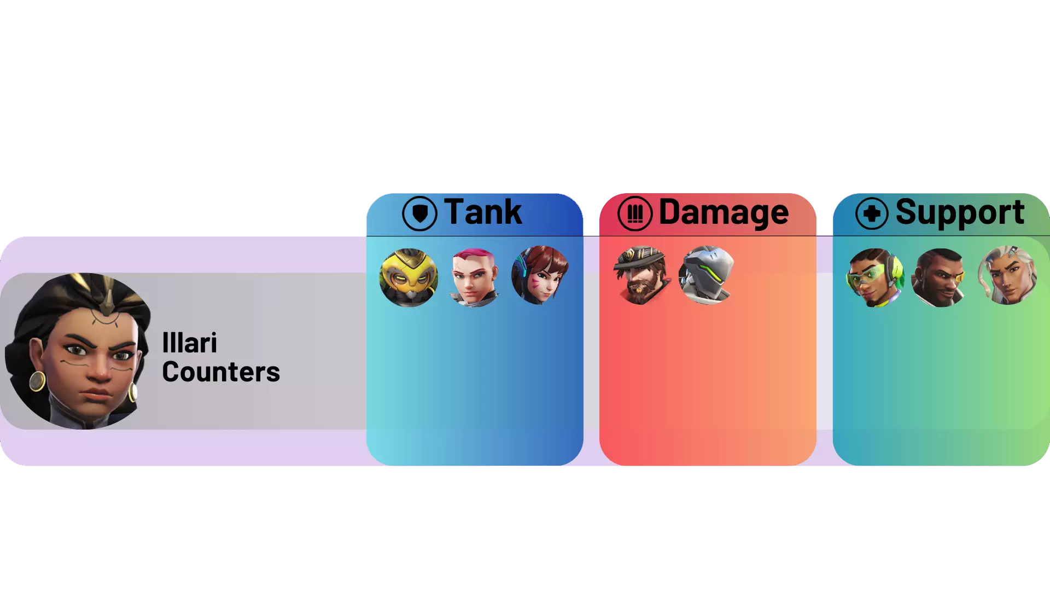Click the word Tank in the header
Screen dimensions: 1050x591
483,212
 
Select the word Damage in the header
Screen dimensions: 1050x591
724,212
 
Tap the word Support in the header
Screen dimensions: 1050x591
960,213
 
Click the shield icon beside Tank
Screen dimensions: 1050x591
419,213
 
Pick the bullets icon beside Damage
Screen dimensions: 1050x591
635,213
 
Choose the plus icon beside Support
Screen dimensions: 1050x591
872,213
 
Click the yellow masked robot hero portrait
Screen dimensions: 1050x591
409,277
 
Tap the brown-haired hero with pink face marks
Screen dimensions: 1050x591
540,275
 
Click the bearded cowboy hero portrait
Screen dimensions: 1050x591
640,275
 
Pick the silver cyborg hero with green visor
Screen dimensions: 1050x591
706,275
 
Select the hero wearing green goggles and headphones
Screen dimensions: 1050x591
875,277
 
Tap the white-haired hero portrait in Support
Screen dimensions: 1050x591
1007,275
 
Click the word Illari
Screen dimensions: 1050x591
190,343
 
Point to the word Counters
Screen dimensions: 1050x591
221,372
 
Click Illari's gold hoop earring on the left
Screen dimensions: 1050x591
37,381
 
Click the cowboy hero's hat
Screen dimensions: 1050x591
640,257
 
